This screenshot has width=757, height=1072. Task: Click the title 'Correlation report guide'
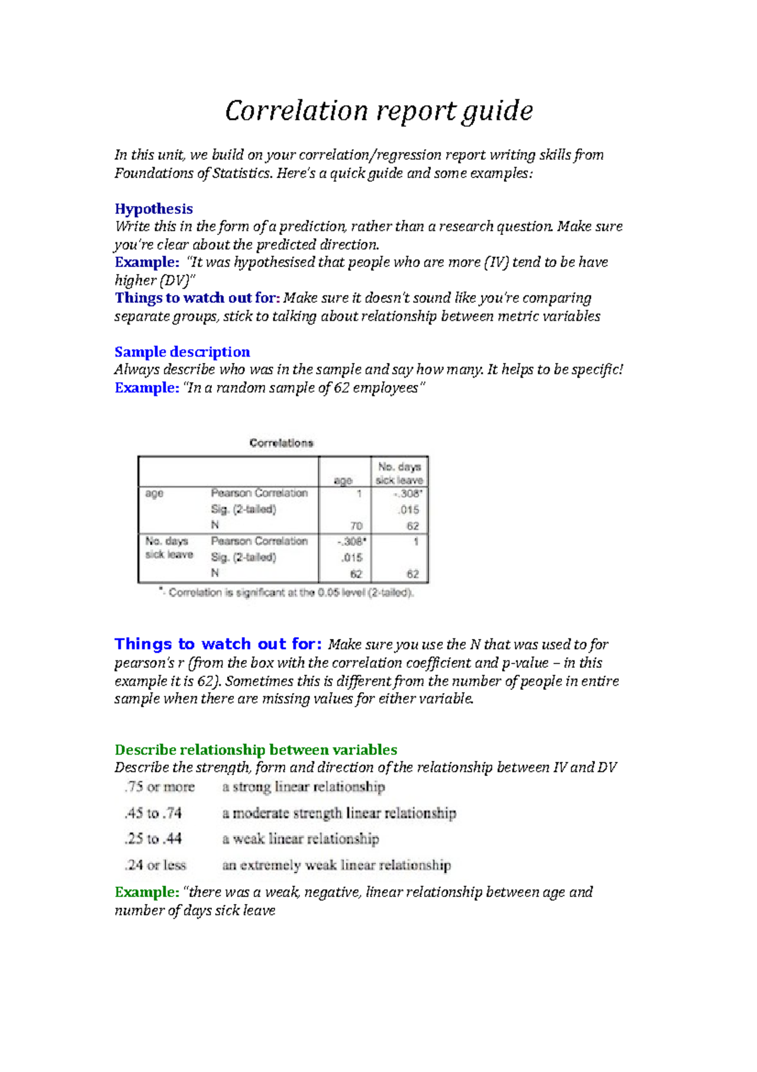click(378, 110)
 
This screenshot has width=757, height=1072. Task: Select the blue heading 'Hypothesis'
click(153, 209)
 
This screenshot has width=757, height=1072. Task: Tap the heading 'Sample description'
click(182, 352)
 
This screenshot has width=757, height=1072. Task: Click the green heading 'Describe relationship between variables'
click(255, 749)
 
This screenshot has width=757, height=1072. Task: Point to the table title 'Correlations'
click(281, 443)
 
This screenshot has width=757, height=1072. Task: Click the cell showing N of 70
click(356, 526)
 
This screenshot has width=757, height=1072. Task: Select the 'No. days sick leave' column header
click(399, 473)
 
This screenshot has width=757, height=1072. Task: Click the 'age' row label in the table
click(154, 493)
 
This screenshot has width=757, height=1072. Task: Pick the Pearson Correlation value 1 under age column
click(358, 493)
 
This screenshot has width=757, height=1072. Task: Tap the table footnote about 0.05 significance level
click(286, 593)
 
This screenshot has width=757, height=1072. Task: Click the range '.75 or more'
click(160, 787)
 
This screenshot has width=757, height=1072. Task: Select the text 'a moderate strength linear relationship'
click(339, 813)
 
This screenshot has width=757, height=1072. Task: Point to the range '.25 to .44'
click(153, 839)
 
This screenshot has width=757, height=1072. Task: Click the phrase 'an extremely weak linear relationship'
click(336, 865)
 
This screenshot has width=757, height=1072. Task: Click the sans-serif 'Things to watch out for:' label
click(218, 644)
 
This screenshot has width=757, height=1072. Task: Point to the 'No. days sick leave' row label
click(168, 548)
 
